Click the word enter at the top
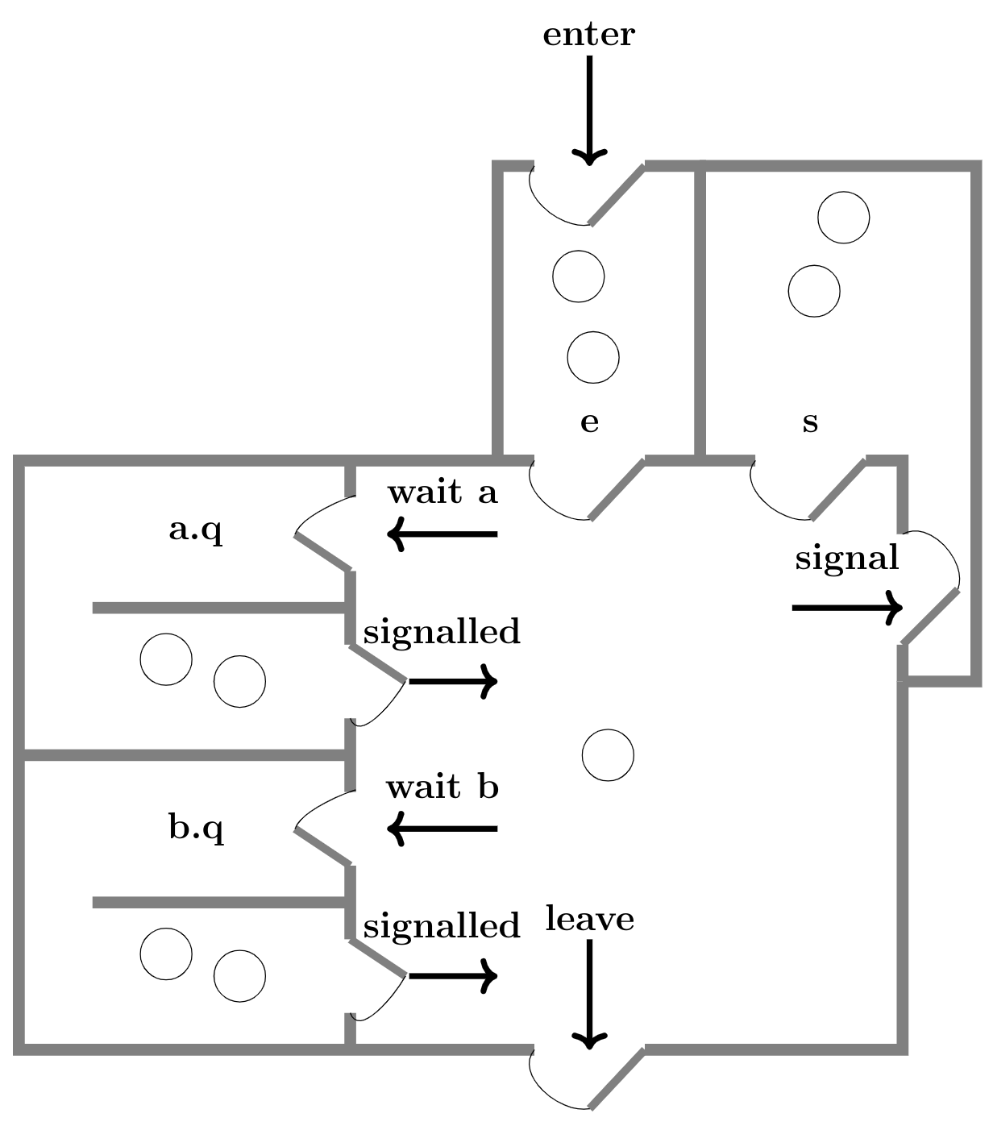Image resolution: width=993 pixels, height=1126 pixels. (x=588, y=35)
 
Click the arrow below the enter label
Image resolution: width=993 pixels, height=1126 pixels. (x=589, y=110)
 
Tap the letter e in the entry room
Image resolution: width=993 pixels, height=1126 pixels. (x=589, y=422)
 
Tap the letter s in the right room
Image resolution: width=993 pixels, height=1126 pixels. (x=810, y=422)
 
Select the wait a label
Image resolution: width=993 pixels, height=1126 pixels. (x=442, y=492)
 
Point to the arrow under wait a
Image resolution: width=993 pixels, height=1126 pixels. (x=442, y=534)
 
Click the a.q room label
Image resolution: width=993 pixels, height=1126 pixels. (x=196, y=530)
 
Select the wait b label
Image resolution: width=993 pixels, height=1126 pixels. (x=442, y=787)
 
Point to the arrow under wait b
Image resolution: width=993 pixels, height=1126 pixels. (x=442, y=829)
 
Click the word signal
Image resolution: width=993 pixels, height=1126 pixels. (x=846, y=558)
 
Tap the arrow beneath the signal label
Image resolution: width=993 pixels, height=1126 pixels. (x=846, y=607)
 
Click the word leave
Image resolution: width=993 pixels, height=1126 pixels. (x=589, y=919)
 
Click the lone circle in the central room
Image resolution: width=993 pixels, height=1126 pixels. (x=608, y=755)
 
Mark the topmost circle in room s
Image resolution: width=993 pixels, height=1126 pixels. (x=843, y=218)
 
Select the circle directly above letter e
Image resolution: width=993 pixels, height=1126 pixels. (x=593, y=357)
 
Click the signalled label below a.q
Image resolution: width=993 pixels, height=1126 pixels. (x=442, y=632)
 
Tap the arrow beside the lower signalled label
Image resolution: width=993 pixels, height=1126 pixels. (x=453, y=976)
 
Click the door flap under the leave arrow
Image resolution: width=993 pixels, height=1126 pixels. (x=617, y=1078)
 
